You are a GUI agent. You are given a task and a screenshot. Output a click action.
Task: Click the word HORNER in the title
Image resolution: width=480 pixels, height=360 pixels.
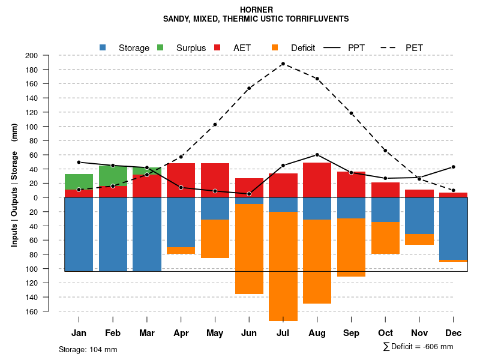[256, 10]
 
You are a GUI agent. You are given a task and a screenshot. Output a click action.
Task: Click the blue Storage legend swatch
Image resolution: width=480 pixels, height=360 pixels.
[103, 47]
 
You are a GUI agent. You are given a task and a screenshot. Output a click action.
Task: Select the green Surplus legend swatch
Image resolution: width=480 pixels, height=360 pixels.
[160, 47]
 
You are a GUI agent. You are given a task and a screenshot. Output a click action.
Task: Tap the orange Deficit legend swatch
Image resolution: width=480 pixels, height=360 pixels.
[275, 47]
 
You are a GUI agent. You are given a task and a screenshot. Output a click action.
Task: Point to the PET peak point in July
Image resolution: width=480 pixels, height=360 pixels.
[283, 64]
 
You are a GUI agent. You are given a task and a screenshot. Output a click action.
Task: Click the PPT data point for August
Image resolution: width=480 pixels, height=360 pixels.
[317, 155]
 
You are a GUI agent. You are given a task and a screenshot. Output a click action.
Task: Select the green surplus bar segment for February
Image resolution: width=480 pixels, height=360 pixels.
[113, 176]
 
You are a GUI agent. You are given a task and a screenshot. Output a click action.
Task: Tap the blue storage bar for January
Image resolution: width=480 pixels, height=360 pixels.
[79, 234]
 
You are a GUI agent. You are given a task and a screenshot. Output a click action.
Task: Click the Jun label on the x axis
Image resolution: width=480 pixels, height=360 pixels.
[249, 333]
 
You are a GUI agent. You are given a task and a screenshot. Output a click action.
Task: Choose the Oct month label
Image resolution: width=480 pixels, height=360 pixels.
[385, 333]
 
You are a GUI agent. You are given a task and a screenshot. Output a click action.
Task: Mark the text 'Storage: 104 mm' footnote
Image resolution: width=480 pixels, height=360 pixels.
[88, 349]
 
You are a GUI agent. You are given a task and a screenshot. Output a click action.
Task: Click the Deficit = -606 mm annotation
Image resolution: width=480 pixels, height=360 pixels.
[418, 346]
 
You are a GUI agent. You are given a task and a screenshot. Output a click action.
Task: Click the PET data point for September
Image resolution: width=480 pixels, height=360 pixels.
[351, 113]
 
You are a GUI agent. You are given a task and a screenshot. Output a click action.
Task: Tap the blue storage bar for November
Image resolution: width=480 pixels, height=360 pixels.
[419, 215]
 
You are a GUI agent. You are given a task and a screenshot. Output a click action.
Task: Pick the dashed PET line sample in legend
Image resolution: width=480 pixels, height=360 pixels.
[390, 47]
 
